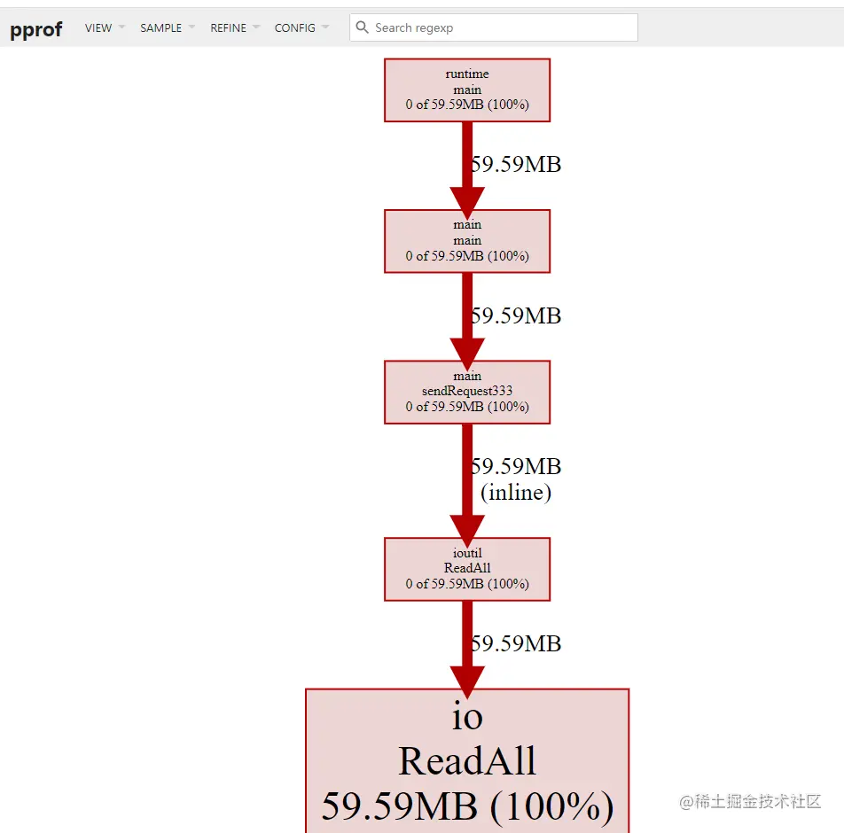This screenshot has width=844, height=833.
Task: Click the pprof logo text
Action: coord(36,28)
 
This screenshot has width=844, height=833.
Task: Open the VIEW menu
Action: coord(98,28)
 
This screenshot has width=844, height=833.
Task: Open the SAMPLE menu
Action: coord(161,28)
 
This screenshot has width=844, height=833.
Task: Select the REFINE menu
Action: coord(229,28)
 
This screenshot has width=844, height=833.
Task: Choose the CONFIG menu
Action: coord(295,28)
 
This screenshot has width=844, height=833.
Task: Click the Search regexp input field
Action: coord(501,27)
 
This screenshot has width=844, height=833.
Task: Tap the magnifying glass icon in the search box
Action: coord(363,27)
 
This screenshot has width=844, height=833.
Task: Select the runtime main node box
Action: coord(467,90)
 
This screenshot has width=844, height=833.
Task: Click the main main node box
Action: coord(467,240)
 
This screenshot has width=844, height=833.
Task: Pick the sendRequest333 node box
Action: coord(467,391)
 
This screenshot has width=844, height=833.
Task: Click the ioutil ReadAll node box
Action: coord(467,568)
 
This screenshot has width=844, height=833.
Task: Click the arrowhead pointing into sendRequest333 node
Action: coord(467,349)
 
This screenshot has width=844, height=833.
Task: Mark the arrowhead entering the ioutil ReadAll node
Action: coord(467,526)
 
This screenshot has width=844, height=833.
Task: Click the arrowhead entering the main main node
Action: coord(467,199)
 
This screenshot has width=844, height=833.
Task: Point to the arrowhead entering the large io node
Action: coord(467,678)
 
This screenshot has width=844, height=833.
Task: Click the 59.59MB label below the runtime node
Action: coord(516,164)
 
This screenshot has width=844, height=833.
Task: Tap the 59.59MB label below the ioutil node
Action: coord(516,643)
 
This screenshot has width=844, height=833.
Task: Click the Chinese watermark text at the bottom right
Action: coord(751,802)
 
